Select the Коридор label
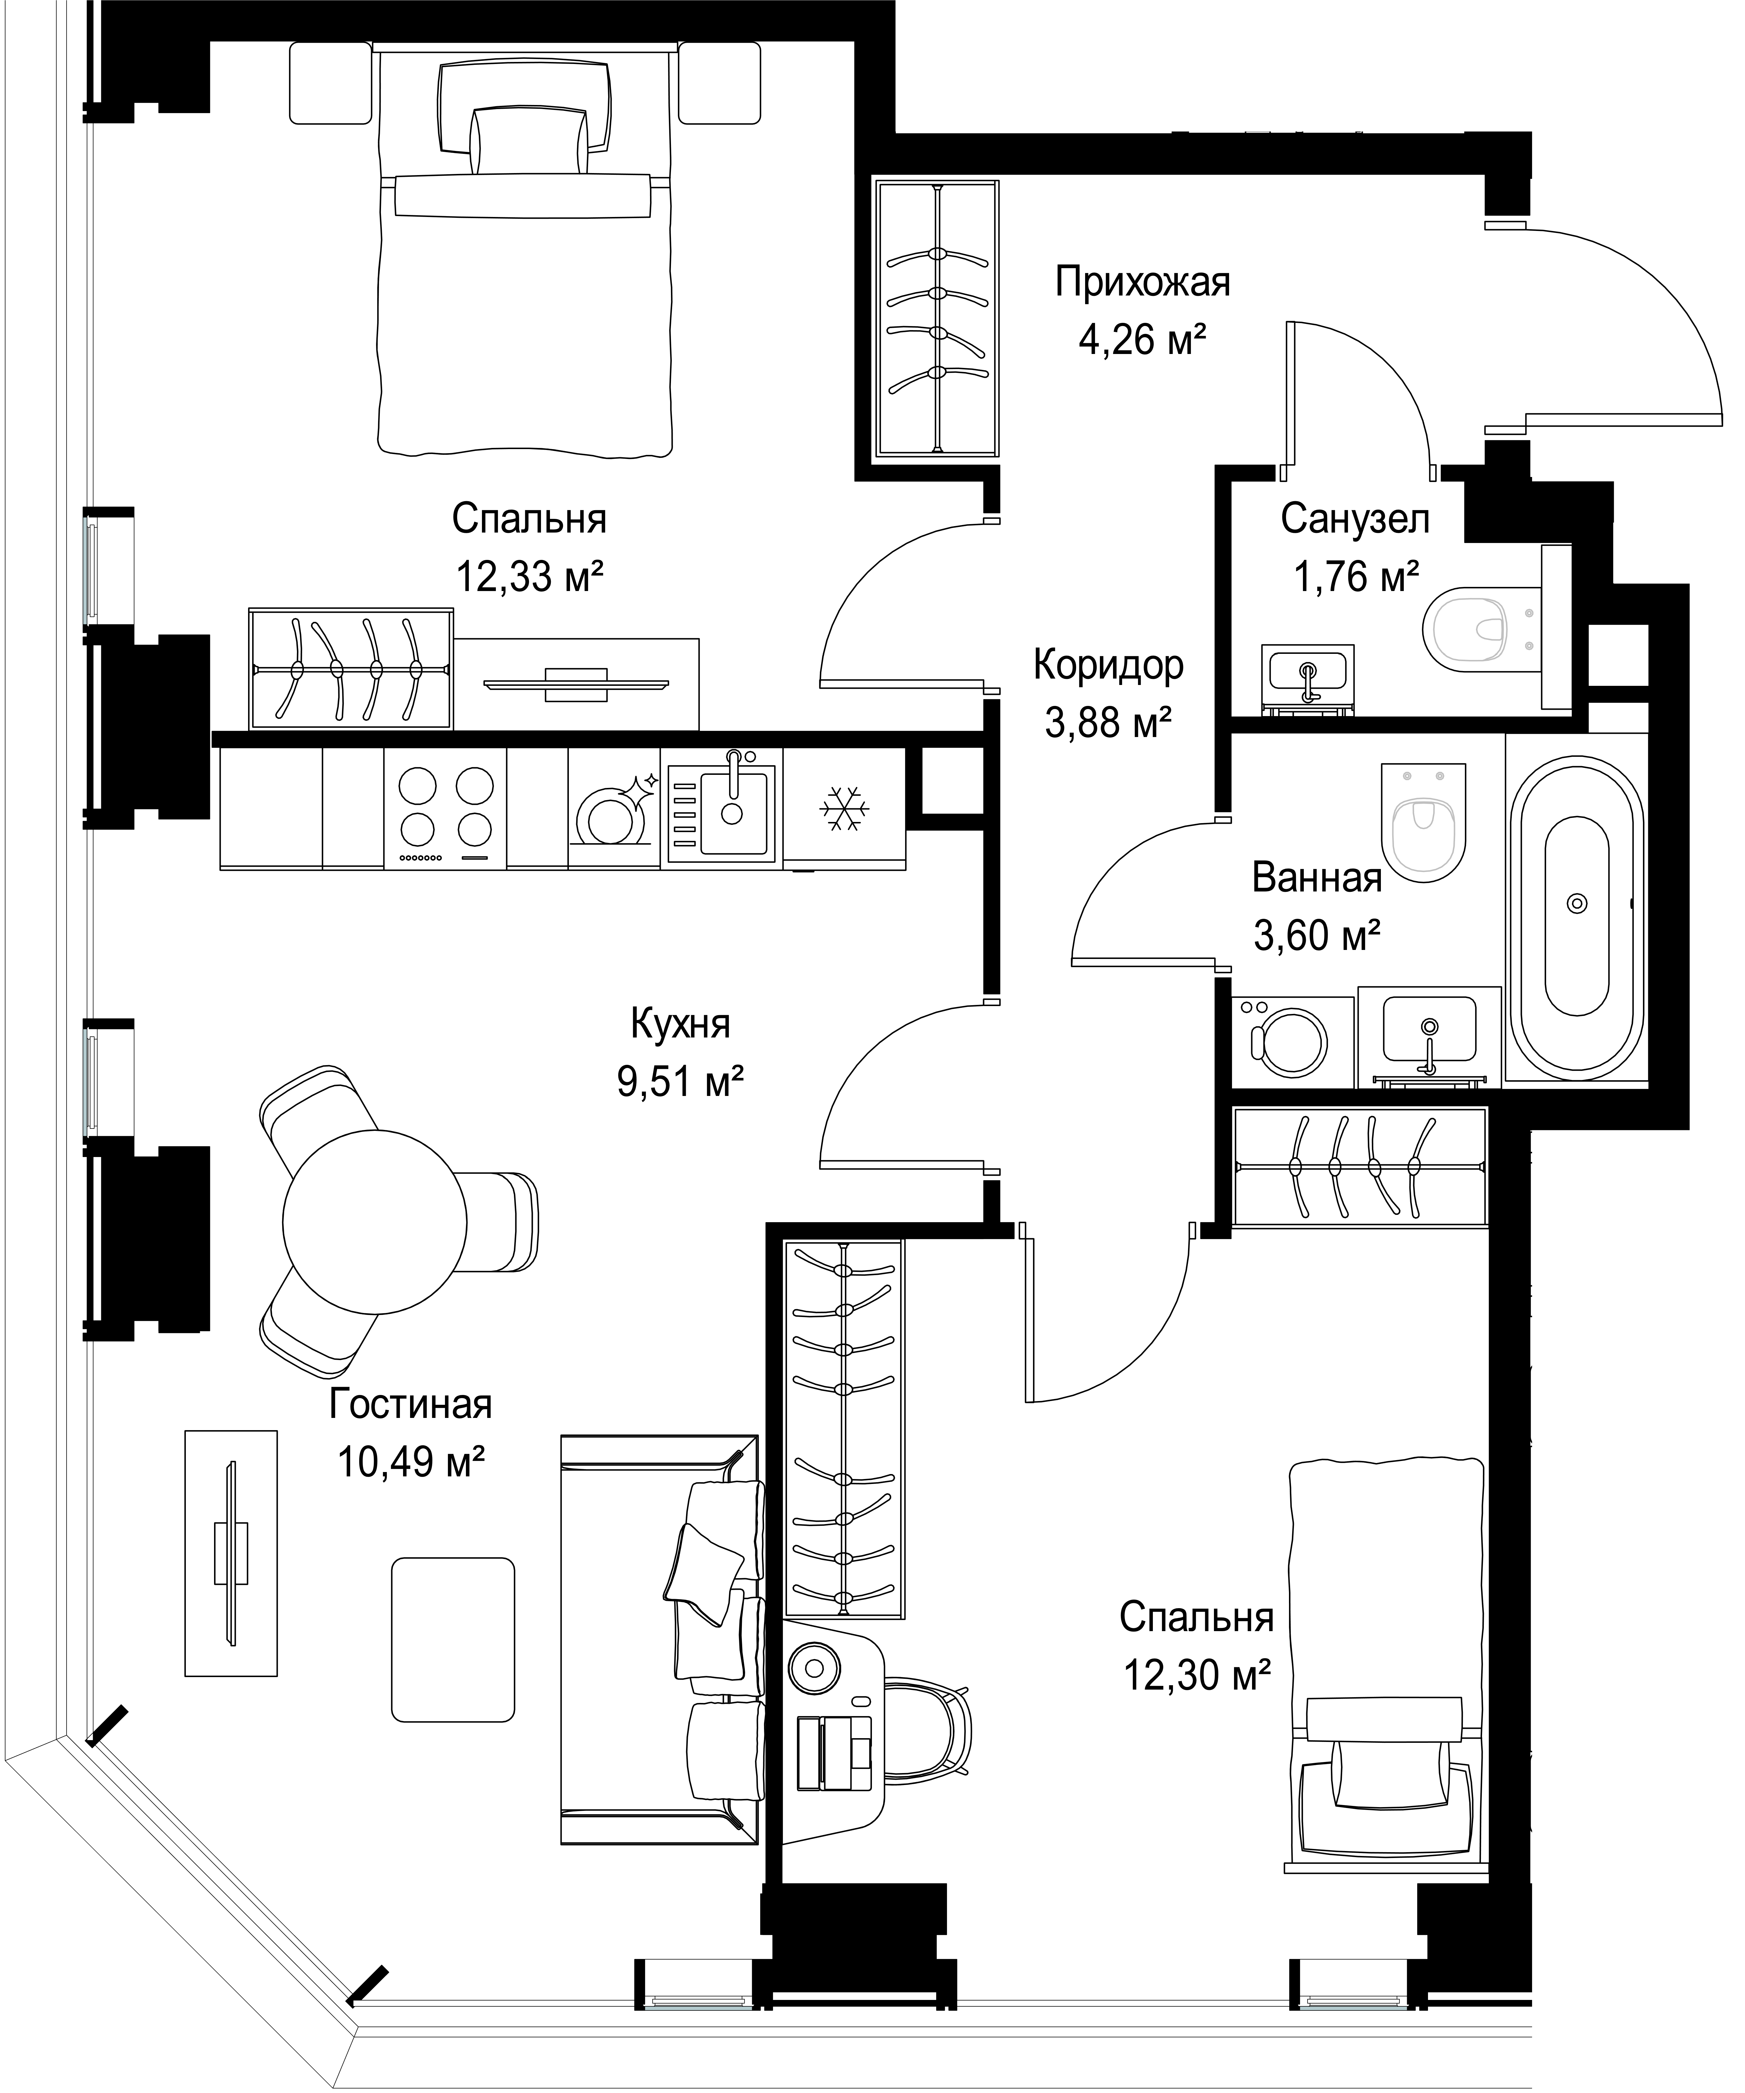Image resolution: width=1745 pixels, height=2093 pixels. (x=1108, y=665)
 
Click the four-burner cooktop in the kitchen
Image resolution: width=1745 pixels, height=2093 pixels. (x=446, y=808)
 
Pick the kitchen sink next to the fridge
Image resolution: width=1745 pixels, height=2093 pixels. (x=722, y=809)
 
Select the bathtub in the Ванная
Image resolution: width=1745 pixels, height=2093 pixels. (x=1575, y=904)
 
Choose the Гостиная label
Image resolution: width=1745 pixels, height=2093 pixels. (x=411, y=1404)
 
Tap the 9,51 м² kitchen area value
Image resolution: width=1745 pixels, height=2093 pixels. (x=681, y=1081)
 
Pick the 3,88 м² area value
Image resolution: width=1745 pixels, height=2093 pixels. (x=1107, y=722)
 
